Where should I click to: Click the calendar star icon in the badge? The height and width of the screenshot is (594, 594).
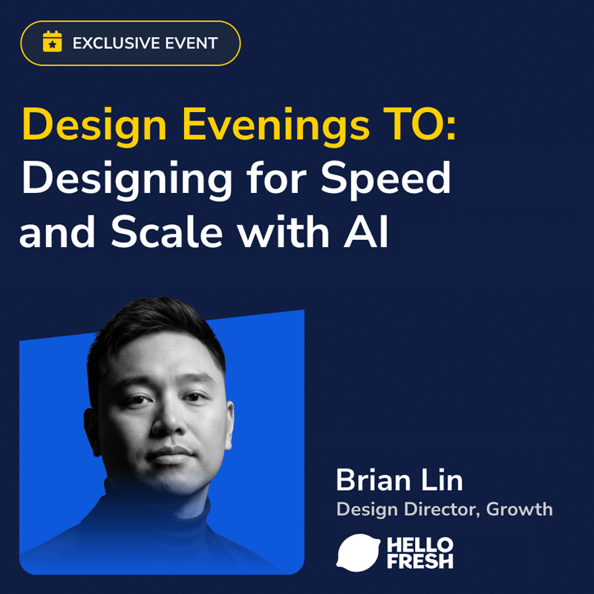[51, 43]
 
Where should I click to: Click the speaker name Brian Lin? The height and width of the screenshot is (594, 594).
[399, 480]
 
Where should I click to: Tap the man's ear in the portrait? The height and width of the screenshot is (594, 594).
[229, 416]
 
